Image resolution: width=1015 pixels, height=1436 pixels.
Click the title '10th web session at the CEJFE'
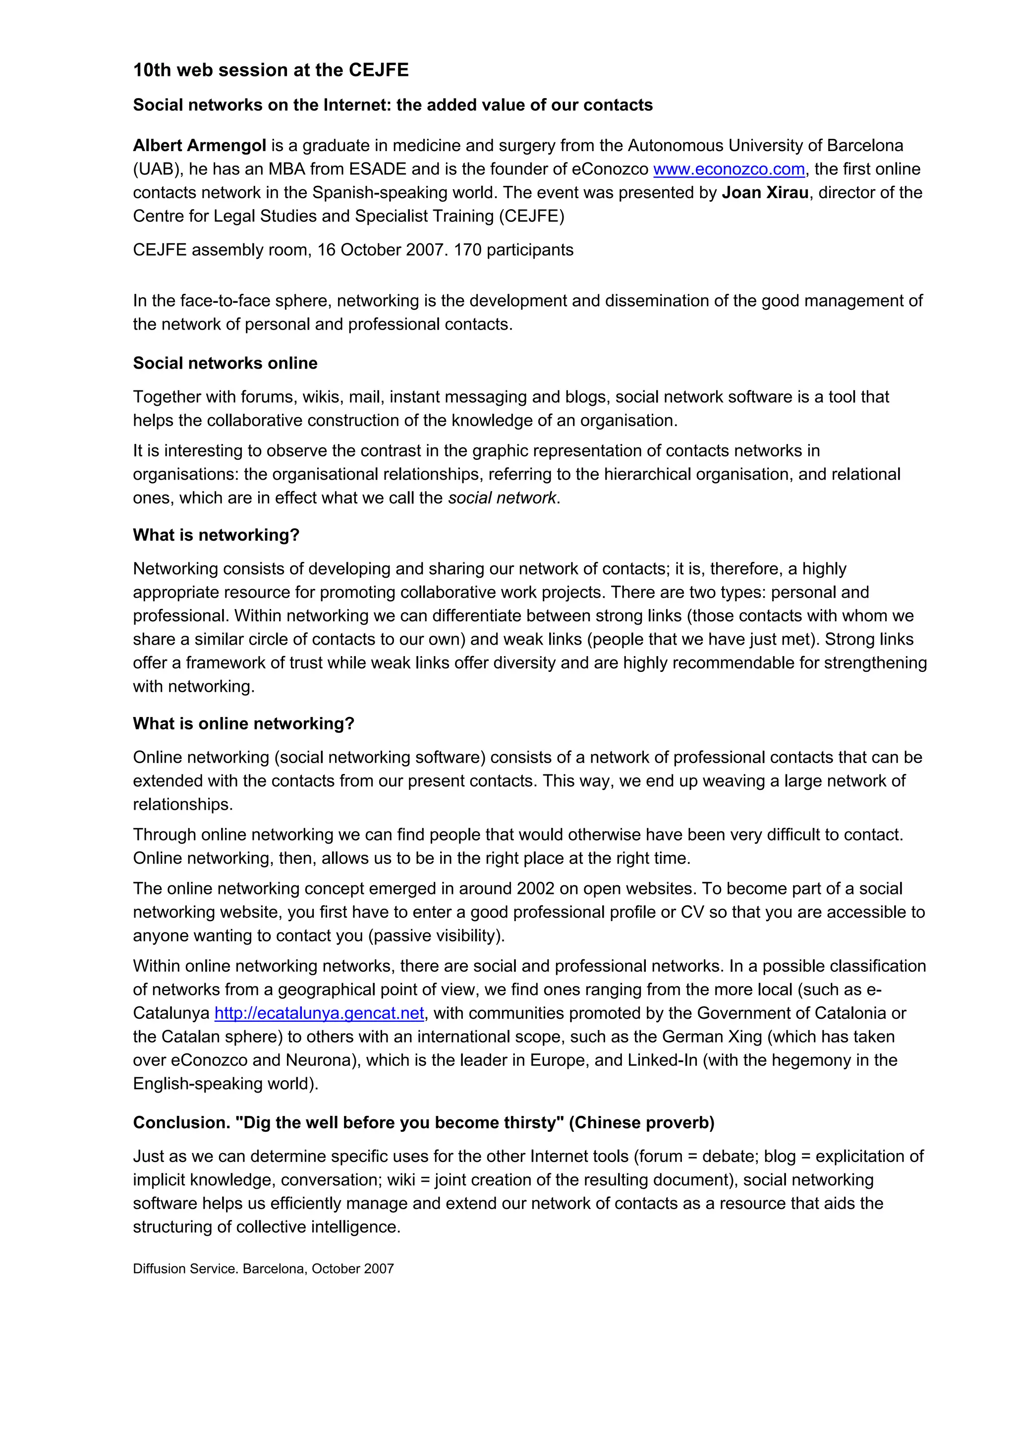coord(270,70)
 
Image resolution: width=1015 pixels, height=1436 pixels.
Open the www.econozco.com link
coord(729,169)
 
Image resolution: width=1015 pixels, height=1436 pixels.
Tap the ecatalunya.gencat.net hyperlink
coord(319,1013)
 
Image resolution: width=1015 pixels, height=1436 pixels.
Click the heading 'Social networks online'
coord(225,363)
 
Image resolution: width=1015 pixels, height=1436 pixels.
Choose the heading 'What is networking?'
coord(217,535)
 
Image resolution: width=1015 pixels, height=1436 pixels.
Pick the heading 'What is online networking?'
coord(243,723)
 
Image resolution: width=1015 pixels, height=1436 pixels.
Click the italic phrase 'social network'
coord(502,498)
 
